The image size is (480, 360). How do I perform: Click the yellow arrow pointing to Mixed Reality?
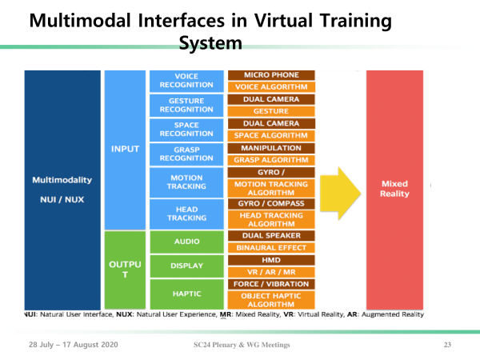point(341,194)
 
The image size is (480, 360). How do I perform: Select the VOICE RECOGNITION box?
point(186,81)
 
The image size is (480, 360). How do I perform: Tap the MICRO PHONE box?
point(271,75)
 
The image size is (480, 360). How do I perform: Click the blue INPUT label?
point(125,149)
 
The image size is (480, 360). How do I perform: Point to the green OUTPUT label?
point(125,270)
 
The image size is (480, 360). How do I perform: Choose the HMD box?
point(271,260)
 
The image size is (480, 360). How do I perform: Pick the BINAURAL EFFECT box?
point(271,248)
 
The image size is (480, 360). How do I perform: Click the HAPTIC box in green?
point(186,294)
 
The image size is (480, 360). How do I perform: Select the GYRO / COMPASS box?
point(271,203)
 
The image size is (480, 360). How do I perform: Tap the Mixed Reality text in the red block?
point(394,189)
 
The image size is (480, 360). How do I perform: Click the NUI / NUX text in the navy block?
point(62,199)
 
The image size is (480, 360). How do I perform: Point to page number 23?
point(447,345)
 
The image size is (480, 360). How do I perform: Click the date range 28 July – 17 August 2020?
point(74,345)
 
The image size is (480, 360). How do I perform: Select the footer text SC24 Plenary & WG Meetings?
point(242,345)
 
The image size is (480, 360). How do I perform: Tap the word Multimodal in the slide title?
point(80,21)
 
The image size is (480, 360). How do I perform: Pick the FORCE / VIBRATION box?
point(271,284)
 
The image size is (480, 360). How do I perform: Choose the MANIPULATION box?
point(271,148)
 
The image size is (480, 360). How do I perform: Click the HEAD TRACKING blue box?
point(186,214)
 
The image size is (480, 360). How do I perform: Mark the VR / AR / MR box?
point(271,272)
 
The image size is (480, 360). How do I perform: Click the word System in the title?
point(210,43)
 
